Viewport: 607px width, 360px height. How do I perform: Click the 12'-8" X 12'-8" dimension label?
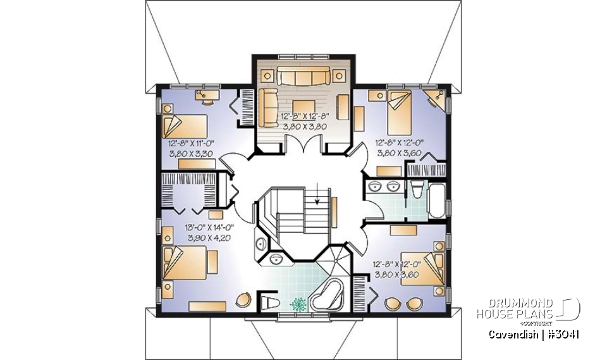(305, 116)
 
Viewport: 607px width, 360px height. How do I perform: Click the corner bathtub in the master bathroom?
(329, 294)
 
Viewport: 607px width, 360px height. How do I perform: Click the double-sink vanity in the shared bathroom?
(384, 187)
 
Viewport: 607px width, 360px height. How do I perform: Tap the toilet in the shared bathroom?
(417, 189)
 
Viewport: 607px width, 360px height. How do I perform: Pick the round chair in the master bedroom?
(243, 300)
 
